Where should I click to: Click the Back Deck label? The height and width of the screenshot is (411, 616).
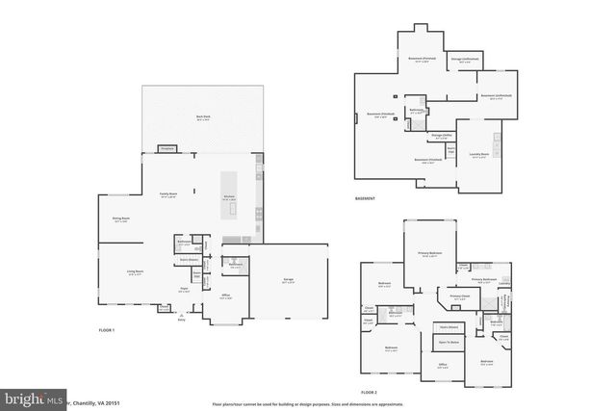203,116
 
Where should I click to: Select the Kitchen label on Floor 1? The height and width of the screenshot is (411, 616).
230,197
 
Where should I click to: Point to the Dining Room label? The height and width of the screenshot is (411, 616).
121,220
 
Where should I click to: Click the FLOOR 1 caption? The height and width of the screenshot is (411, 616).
107,331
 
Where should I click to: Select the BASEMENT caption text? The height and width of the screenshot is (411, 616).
365,199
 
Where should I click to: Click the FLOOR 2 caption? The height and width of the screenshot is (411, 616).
370,393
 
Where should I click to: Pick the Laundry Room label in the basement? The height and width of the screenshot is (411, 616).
478,156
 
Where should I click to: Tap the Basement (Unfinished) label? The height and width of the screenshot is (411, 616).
496,96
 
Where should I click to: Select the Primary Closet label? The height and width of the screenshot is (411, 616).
459,296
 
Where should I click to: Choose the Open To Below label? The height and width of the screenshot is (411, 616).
448,342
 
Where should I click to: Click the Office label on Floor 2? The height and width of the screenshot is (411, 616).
443,365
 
